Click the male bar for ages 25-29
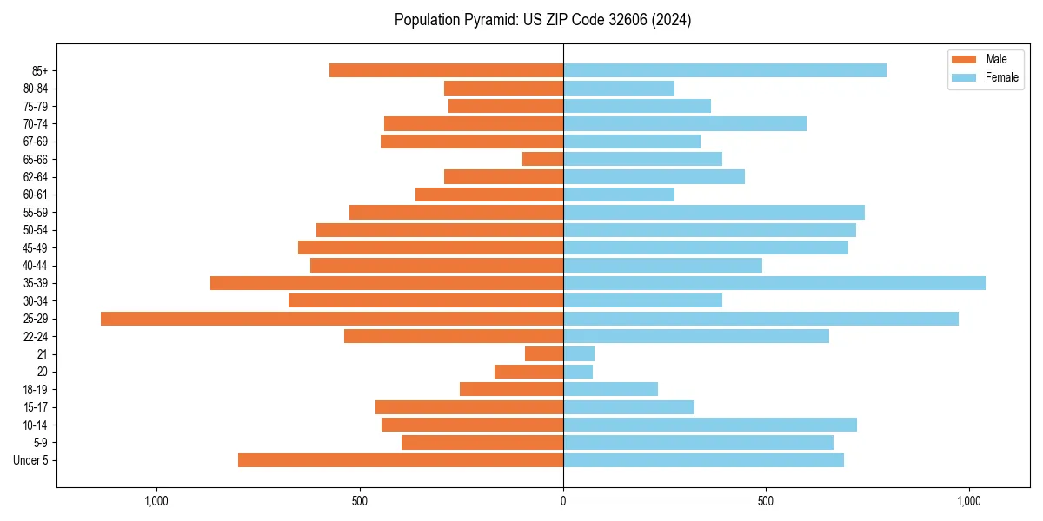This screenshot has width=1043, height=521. [x=332, y=319]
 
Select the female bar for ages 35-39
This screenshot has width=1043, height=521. [x=774, y=283]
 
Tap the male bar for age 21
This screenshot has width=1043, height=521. [x=544, y=354]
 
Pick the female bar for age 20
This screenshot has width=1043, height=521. [x=578, y=372]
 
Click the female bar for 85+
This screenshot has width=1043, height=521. [x=724, y=70]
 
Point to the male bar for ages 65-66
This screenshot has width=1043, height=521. [x=542, y=159]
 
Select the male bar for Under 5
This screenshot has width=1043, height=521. [x=401, y=460]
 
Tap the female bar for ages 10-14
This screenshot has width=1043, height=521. [x=709, y=425]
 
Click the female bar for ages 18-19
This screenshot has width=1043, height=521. [x=610, y=389]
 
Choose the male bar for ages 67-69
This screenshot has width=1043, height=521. [x=472, y=142]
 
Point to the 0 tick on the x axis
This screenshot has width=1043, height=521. [x=563, y=501]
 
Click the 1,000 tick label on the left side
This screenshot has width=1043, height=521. [x=156, y=501]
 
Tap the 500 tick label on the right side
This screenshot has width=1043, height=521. [x=766, y=501]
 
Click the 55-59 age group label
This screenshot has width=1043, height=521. [x=35, y=212]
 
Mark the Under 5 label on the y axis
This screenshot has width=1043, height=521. [x=30, y=460]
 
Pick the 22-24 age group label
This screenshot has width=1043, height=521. [x=35, y=336]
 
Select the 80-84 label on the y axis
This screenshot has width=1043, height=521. [x=35, y=89]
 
